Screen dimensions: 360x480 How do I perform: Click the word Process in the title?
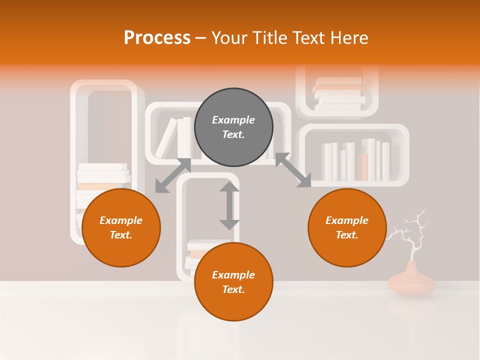point(157,38)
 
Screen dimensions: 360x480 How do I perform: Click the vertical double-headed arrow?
point(229,205)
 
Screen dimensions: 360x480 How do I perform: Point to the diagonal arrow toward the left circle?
point(173,175)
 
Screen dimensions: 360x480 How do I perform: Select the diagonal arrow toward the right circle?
point(293,170)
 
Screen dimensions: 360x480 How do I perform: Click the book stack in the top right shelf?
point(339,93)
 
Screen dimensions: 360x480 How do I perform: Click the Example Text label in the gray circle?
point(233,127)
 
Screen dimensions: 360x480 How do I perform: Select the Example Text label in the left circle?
point(121,227)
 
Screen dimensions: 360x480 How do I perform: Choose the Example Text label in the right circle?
point(347,227)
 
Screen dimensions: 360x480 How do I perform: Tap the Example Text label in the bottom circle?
point(233,282)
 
